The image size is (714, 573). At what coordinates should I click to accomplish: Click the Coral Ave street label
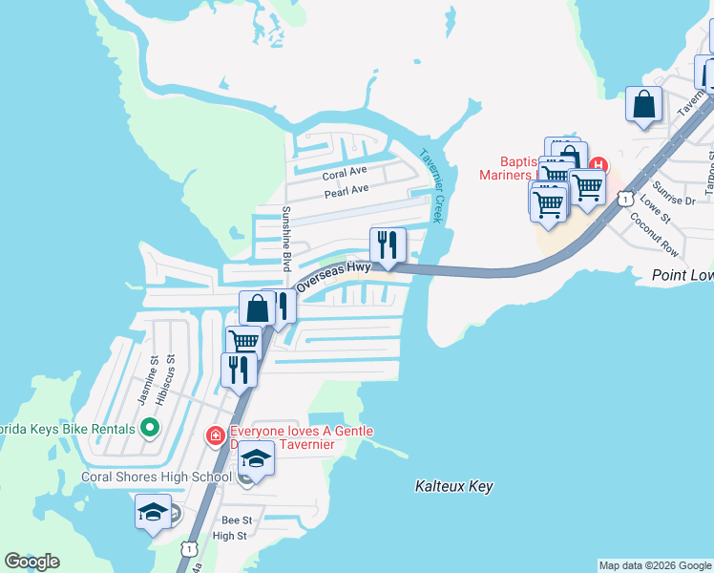pyautogui.click(x=345, y=173)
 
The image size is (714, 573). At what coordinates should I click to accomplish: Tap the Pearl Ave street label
pyautogui.click(x=346, y=191)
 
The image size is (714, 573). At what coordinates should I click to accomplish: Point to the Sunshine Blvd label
pyautogui.click(x=284, y=238)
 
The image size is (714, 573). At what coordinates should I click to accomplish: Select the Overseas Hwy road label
pyautogui.click(x=333, y=277)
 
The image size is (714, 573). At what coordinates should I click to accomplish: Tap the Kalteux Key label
pyautogui.click(x=454, y=487)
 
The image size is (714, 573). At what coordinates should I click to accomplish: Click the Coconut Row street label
pyautogui.click(x=654, y=235)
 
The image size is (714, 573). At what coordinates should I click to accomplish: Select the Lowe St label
pyautogui.click(x=655, y=207)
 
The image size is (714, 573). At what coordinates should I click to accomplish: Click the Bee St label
pyautogui.click(x=236, y=520)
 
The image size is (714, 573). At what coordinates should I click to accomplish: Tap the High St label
pyautogui.click(x=230, y=536)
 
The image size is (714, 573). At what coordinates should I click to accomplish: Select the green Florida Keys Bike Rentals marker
pyautogui.click(x=149, y=428)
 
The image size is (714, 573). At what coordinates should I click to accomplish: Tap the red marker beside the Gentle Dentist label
pyautogui.click(x=215, y=436)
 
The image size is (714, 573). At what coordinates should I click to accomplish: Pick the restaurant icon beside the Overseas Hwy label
pyautogui.click(x=388, y=245)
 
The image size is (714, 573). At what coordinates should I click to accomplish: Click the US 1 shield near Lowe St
pyautogui.click(x=624, y=198)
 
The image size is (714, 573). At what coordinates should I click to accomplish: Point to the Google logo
pyautogui.click(x=31, y=562)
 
